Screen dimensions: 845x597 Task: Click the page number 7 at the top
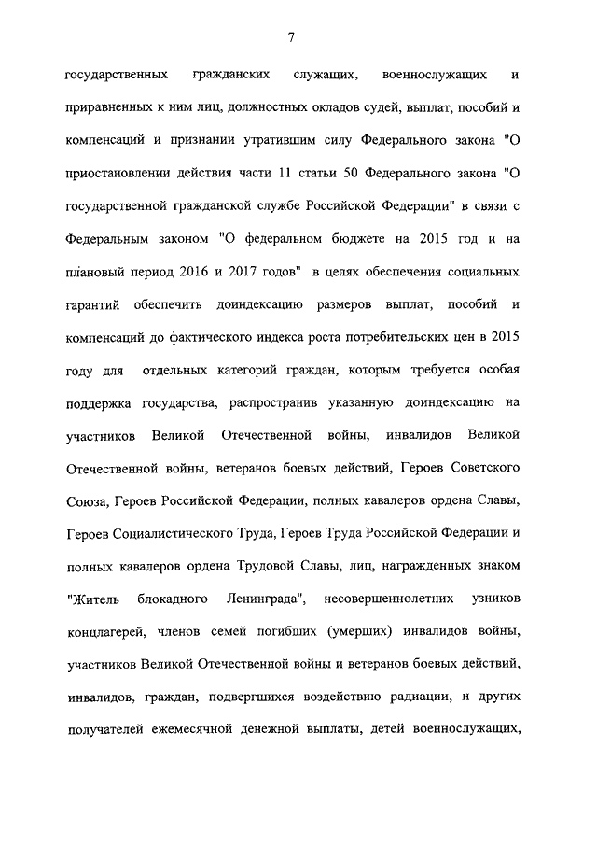coord(292,36)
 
